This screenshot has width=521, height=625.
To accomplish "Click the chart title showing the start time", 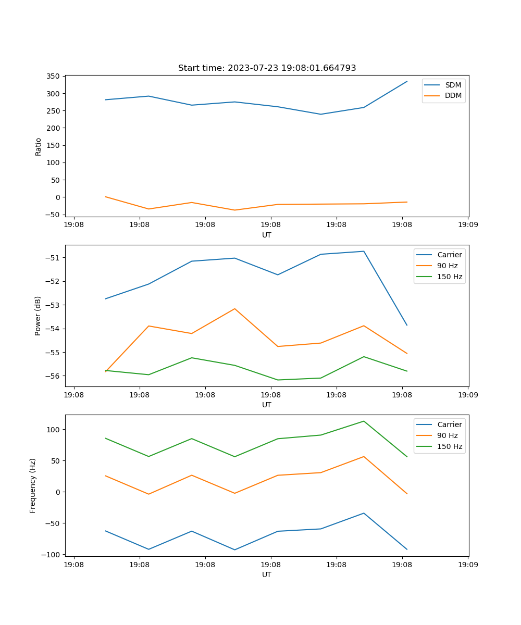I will pos(267,68).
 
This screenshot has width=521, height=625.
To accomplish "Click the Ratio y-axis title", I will pos(38,146).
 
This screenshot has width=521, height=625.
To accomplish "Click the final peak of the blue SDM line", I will pos(407,81).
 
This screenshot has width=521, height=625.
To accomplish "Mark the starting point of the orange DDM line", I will pos(106,197).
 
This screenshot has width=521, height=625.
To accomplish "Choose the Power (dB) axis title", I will pos(38,316).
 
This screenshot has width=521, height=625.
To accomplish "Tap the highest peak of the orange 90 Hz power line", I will pos(235,309).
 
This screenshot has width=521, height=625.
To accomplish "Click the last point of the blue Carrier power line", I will pos(407,325).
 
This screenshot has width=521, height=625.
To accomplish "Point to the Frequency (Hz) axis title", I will pos(33,485).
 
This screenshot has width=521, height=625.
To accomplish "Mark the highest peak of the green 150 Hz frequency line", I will pos(364,421).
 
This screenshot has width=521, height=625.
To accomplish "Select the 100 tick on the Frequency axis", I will pos(54,430).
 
